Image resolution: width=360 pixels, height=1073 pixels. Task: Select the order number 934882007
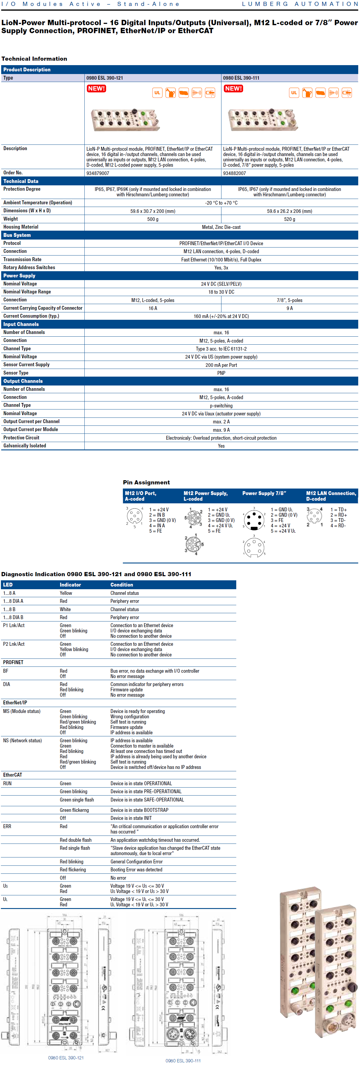(234, 173)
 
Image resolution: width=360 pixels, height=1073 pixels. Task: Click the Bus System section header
(17, 235)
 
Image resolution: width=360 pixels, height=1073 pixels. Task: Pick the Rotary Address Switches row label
(29, 267)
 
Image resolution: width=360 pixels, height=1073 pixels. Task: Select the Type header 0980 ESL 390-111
(241, 78)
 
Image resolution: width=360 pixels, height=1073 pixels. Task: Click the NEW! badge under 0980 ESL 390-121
(96, 88)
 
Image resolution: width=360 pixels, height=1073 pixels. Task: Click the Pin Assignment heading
(146, 482)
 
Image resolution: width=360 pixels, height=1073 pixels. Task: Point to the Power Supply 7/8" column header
(264, 493)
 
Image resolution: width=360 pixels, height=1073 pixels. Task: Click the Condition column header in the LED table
(122, 585)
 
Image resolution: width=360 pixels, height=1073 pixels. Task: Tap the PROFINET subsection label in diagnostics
(13, 662)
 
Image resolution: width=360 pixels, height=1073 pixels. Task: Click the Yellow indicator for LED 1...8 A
(66, 593)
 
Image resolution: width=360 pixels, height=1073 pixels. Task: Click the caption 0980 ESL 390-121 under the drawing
(66, 1058)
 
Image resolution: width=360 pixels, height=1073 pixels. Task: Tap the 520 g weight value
(289, 219)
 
